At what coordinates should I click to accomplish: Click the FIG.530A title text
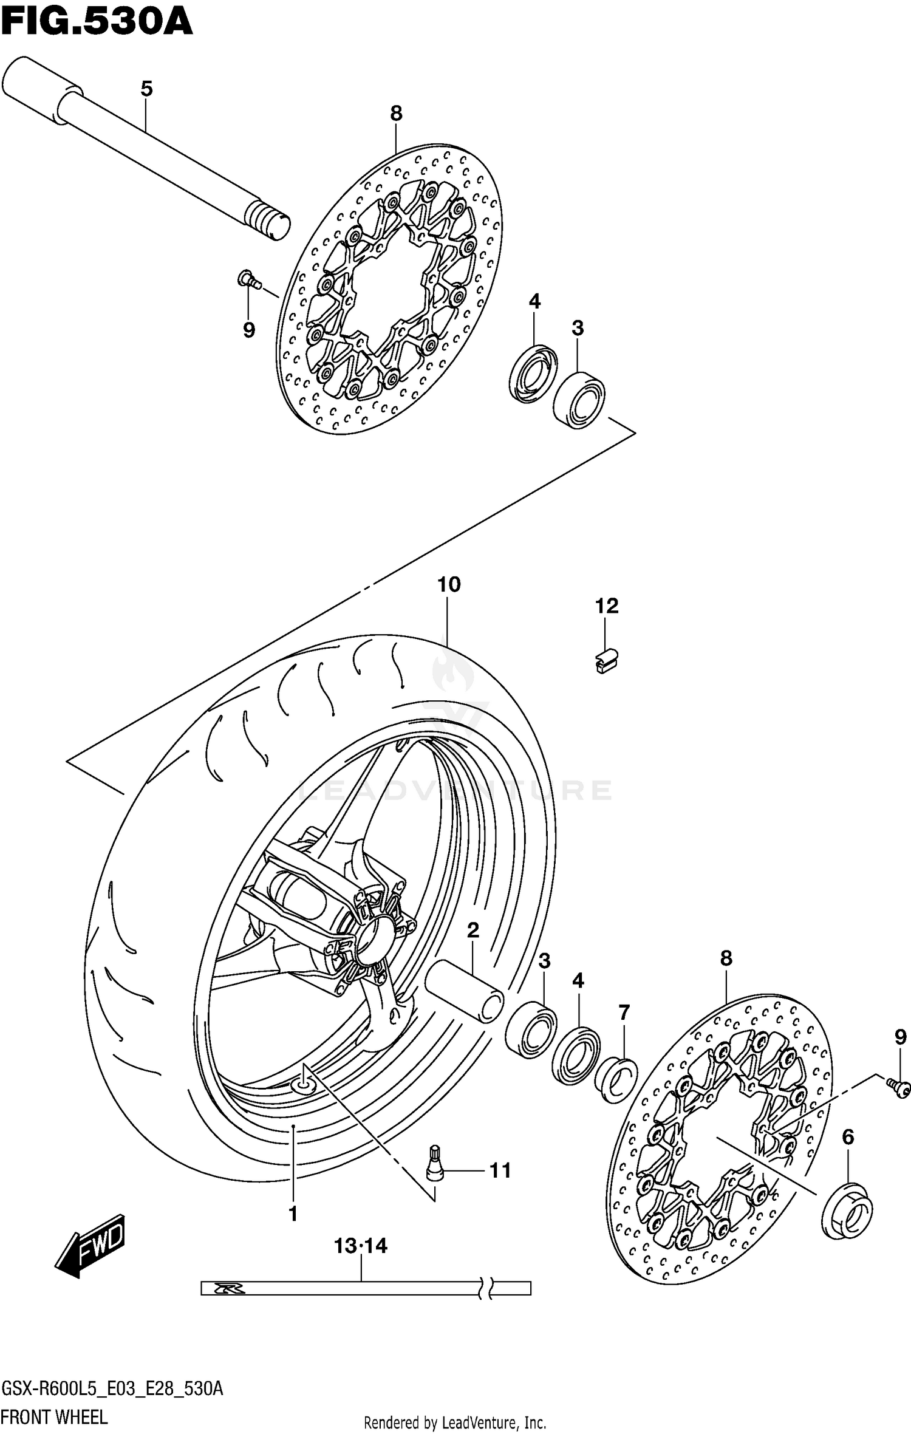click(x=97, y=23)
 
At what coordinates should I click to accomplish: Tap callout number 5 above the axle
click(x=146, y=89)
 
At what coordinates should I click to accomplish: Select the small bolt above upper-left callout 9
click(x=248, y=279)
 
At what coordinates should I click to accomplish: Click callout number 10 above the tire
click(x=449, y=585)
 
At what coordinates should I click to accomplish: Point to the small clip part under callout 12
click(x=606, y=661)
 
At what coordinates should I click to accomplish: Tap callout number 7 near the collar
click(x=624, y=1012)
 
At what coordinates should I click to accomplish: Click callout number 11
click(x=500, y=1170)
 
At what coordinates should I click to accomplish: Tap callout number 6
click(x=848, y=1136)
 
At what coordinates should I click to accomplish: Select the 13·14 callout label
click(x=360, y=1246)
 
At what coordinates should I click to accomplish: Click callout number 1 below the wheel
click(x=293, y=1214)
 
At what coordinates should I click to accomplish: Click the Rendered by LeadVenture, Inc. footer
click(x=455, y=1421)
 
